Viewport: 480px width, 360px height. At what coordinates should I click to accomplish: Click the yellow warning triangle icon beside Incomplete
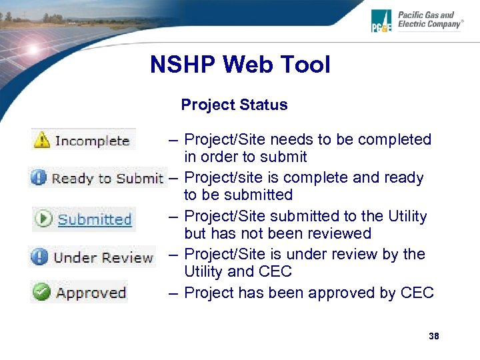tap(42, 140)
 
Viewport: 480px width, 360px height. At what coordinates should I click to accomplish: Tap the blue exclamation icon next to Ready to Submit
tap(39, 178)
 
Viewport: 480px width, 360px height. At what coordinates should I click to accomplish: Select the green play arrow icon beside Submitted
tap(44, 219)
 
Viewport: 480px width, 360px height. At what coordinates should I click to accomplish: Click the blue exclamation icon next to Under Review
tap(40, 257)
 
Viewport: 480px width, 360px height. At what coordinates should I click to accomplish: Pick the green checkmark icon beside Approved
tap(43, 293)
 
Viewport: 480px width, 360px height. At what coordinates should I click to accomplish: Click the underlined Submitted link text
tap(95, 219)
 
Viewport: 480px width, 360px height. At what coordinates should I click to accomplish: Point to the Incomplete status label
tap(92, 141)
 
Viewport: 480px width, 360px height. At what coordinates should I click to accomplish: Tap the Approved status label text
tap(91, 293)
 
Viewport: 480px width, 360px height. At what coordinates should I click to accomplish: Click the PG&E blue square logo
tap(383, 21)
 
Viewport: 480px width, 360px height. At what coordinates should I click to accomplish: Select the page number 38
tap(434, 336)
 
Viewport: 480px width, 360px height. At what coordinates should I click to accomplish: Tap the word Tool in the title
tap(305, 65)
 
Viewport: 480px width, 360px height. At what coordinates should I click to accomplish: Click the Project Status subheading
tap(234, 105)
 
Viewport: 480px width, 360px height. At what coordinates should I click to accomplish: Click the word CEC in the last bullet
tap(417, 293)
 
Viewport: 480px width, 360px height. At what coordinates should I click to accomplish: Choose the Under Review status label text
tap(103, 257)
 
